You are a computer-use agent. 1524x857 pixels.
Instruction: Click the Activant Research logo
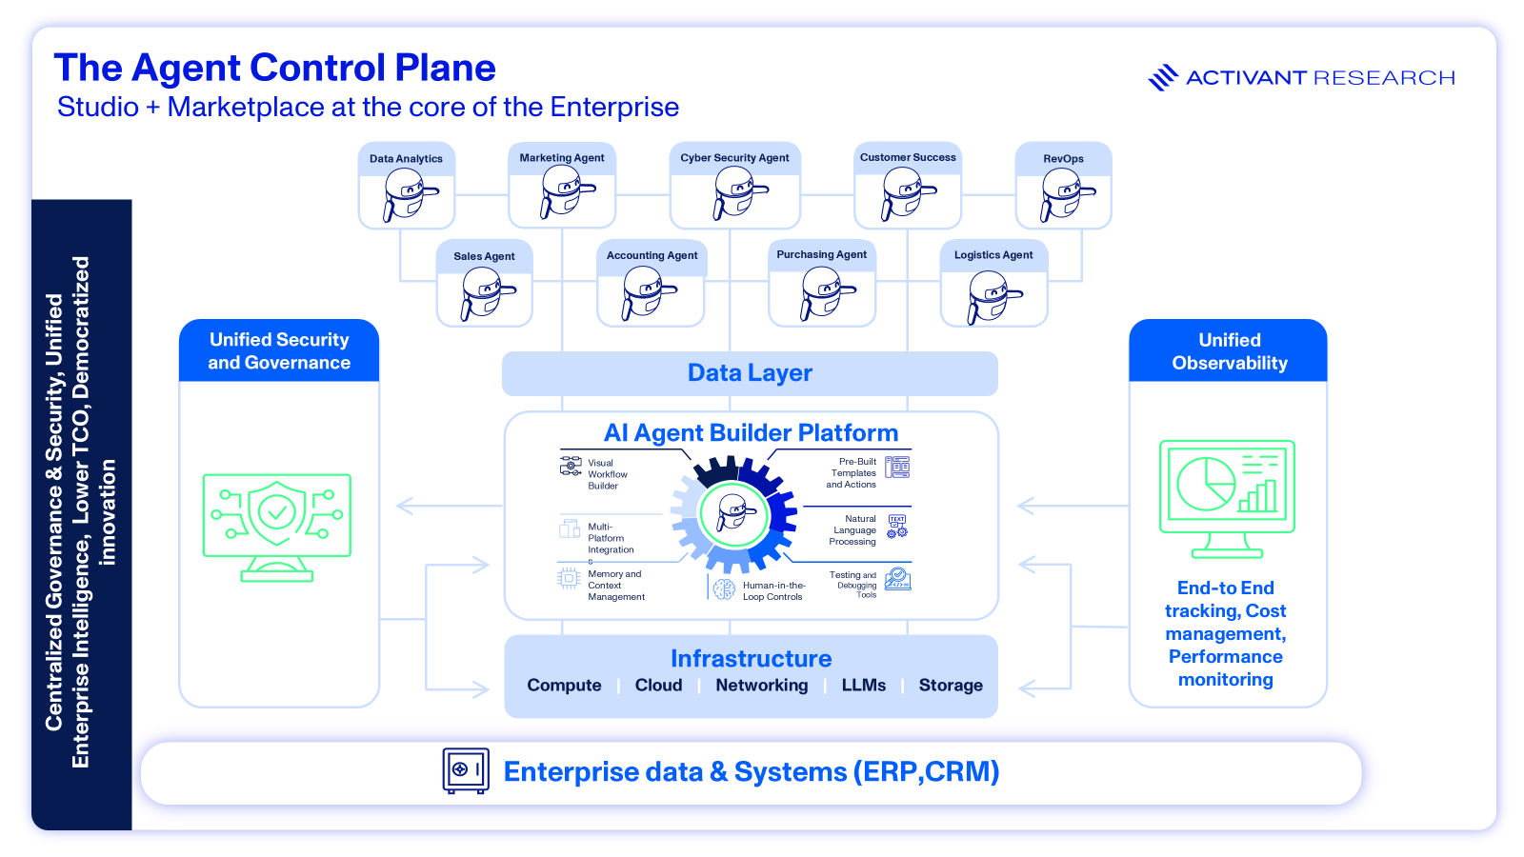[x=1301, y=78]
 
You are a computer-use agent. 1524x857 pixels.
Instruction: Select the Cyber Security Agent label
[x=734, y=158]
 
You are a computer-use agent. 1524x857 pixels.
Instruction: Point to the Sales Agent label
[x=484, y=256]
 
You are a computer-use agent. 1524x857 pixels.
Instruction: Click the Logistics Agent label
[x=993, y=255]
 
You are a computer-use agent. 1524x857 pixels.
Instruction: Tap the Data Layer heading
[x=750, y=373]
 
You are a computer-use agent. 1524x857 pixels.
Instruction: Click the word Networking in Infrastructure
[x=761, y=686]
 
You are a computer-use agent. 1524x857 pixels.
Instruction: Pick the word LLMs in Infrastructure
[x=863, y=686]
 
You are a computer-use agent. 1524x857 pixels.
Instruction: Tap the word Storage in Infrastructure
[x=950, y=686]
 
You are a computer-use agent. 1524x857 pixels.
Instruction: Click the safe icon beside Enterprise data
[x=466, y=770]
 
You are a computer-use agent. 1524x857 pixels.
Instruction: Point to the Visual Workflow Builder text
[x=607, y=474]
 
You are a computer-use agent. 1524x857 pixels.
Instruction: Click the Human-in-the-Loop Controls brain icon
[x=724, y=590]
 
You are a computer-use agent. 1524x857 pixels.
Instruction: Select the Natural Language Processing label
[x=853, y=530]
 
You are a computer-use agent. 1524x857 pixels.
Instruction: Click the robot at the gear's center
[x=734, y=513]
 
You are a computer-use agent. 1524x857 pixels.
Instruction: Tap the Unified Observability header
[x=1229, y=351]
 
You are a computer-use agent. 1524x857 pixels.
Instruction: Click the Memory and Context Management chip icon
[x=569, y=578]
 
